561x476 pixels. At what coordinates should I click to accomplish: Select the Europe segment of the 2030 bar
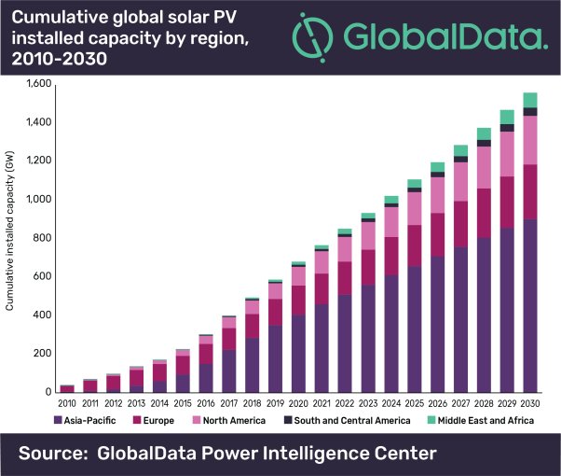point(530,191)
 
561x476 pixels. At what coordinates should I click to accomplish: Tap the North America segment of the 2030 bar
point(530,140)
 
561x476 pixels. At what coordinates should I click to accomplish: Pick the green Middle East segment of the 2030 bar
point(530,100)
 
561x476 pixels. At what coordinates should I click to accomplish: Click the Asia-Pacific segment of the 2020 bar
point(297,354)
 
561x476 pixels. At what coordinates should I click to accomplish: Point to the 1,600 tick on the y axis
point(36,84)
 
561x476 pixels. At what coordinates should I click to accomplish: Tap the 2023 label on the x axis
point(367,404)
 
